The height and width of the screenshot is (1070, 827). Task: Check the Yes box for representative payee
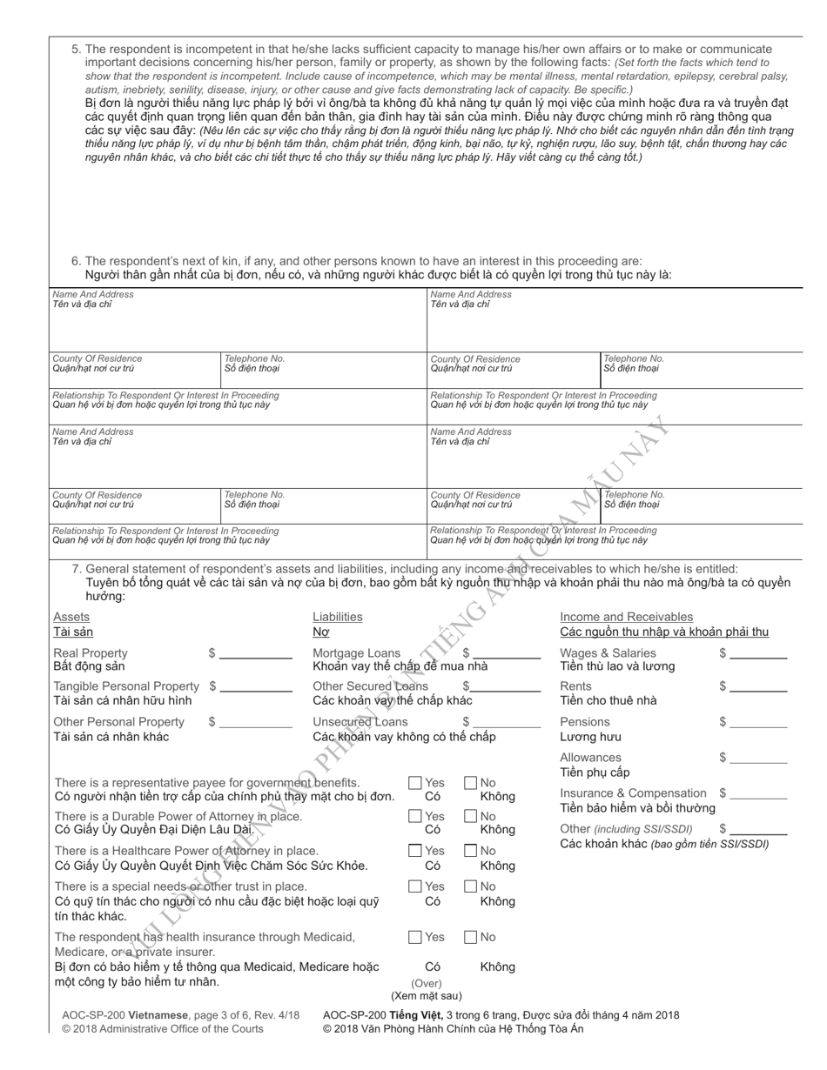coord(415,783)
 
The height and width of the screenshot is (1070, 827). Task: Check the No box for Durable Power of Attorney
coord(471,817)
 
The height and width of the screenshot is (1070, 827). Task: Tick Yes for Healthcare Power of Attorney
coord(415,851)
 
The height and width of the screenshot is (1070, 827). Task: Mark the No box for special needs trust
coord(471,886)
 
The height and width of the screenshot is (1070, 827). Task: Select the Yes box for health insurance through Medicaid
coord(415,937)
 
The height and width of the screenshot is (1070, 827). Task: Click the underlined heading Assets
coord(71,617)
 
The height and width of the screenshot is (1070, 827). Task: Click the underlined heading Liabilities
coord(337,617)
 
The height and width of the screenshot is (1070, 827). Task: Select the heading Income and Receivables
coord(626,617)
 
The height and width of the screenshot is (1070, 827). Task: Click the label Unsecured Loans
coord(360,722)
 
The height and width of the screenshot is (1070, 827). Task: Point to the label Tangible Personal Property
coord(126,687)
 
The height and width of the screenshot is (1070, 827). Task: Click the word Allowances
coord(590,758)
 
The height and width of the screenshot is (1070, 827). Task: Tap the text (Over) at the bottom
coord(426,984)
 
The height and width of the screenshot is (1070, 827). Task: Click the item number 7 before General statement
coord(76,569)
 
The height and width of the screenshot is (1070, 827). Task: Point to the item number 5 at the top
coord(76,50)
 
